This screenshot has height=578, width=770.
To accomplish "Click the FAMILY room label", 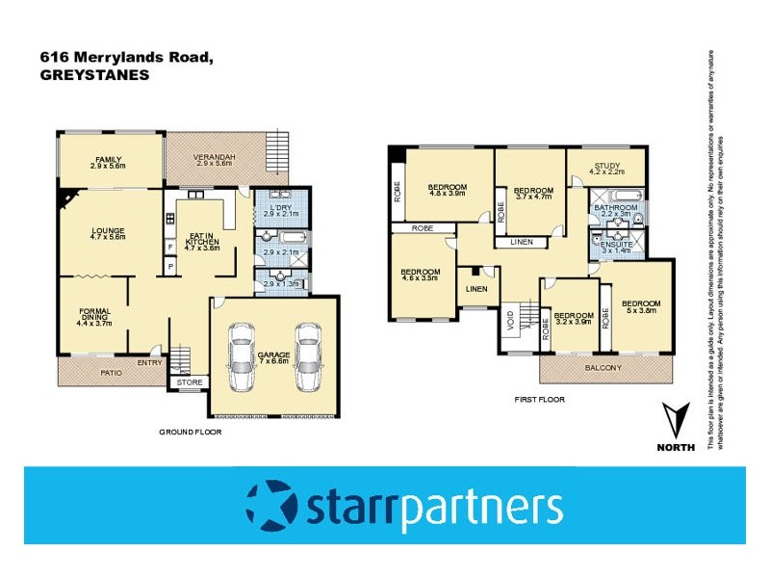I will pyautogui.click(x=109, y=160).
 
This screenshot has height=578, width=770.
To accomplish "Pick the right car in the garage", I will pyautogui.click(x=307, y=355).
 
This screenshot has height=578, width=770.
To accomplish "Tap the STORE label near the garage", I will pyautogui.click(x=190, y=382).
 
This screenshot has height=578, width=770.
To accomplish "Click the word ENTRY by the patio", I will pyautogui.click(x=150, y=363).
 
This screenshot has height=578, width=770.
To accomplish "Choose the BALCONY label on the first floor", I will pyautogui.click(x=603, y=367).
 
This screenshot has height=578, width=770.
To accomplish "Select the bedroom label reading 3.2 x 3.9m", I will pyautogui.click(x=575, y=318).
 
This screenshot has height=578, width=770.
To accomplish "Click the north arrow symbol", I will pyautogui.click(x=678, y=421).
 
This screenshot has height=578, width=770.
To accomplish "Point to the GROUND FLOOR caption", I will pyautogui.click(x=190, y=433).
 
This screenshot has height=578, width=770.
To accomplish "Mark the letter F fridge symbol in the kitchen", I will pyautogui.click(x=171, y=247).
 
